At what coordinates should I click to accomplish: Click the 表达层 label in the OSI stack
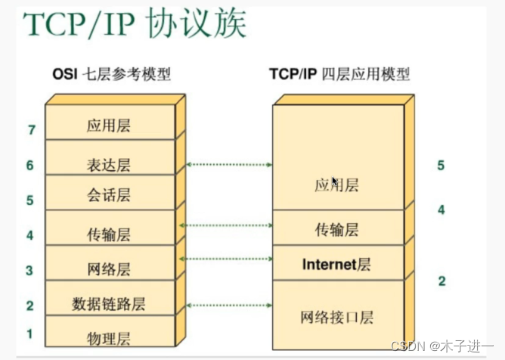pos(109,165)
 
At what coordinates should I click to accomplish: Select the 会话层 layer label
pos(109,195)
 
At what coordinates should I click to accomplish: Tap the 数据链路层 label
pos(109,304)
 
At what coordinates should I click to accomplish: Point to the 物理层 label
pos(109,338)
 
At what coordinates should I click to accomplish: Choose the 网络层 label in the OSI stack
pos(109,269)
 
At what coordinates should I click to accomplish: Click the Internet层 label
pos(336,265)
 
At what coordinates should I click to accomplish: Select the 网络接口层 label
pos(337,318)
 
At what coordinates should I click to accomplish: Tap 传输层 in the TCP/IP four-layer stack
pos(336,230)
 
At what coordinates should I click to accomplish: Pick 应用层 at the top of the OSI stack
pos(109,126)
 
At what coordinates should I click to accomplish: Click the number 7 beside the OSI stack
pos(32,130)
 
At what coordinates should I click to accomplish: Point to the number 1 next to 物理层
pos(29,334)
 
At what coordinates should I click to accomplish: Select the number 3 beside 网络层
pos(29,271)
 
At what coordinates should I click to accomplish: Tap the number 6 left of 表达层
pos(30,166)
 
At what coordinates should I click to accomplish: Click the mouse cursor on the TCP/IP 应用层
pos(335,182)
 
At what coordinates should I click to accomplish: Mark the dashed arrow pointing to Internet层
pos(226,259)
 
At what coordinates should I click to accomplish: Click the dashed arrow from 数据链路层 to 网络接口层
pos(229,306)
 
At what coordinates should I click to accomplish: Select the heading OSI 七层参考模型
pos(111,74)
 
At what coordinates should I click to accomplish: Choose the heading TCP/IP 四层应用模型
pos(339,74)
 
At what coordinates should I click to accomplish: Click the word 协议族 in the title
pos(197,23)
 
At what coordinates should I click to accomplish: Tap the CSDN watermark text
pos(442,346)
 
